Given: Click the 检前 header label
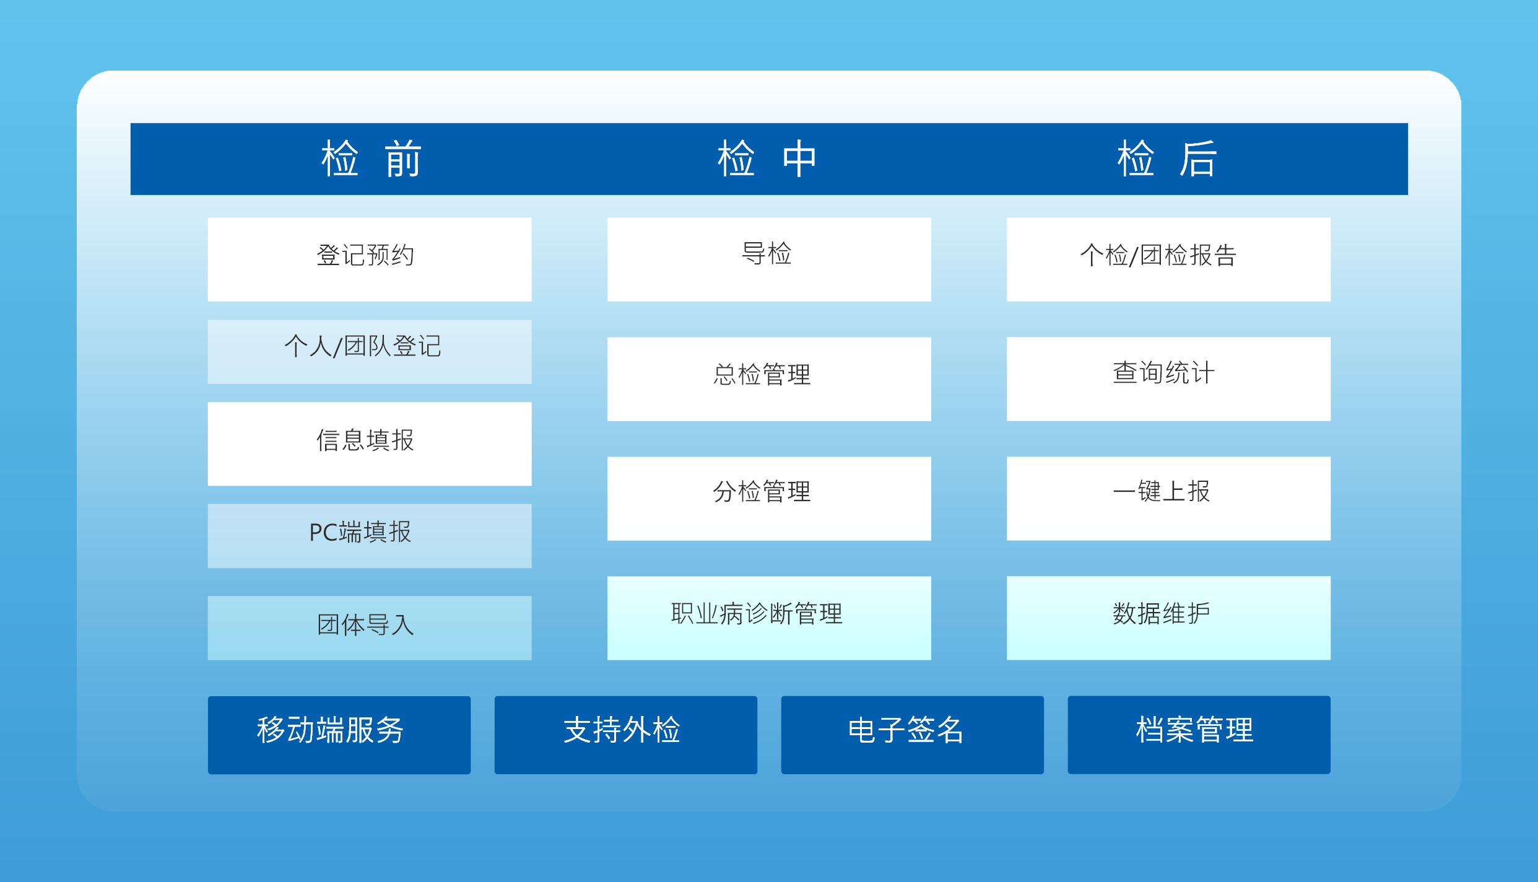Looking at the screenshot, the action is click(x=371, y=159).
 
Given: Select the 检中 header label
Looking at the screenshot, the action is click(x=768, y=159).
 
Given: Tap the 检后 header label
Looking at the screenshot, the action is click(x=1167, y=159).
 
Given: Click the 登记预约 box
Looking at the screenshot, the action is click(x=370, y=260).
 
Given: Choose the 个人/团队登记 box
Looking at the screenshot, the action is click(x=370, y=352).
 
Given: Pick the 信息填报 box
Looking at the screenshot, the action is click(x=370, y=444).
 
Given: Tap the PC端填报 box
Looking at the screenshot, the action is click(x=370, y=536).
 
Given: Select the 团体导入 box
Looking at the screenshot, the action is click(x=370, y=628).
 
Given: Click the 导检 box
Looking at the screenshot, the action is click(x=769, y=260).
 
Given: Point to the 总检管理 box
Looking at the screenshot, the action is click(x=769, y=379).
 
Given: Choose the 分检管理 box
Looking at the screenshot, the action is click(x=769, y=499).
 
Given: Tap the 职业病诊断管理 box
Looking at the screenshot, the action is click(x=769, y=618).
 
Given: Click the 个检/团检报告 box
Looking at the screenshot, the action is click(x=1168, y=260).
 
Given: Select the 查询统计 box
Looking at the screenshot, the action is click(x=1168, y=379).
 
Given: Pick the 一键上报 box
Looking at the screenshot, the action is click(x=1168, y=499).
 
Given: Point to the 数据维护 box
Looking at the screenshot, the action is click(x=1168, y=618).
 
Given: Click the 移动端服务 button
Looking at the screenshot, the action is click(x=339, y=735).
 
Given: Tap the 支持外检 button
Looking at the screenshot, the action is click(x=626, y=735).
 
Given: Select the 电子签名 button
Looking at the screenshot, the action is click(x=913, y=735).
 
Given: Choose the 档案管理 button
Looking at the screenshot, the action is click(x=1199, y=735).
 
